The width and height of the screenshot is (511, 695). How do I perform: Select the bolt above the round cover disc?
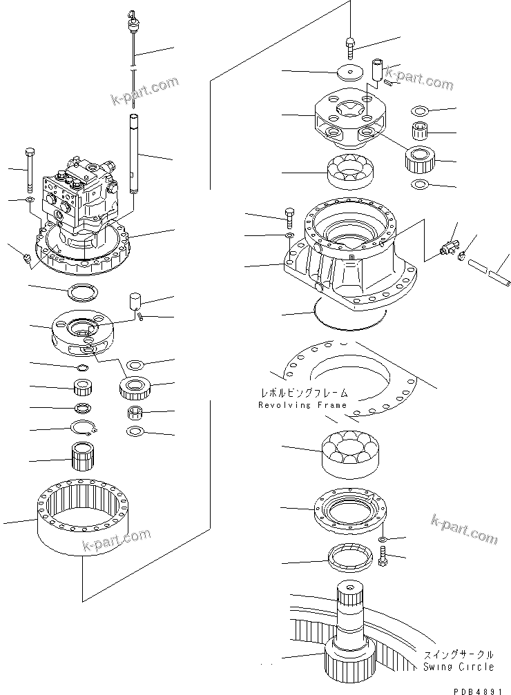click(350, 47)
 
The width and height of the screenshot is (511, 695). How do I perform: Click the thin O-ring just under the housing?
click(348, 315)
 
